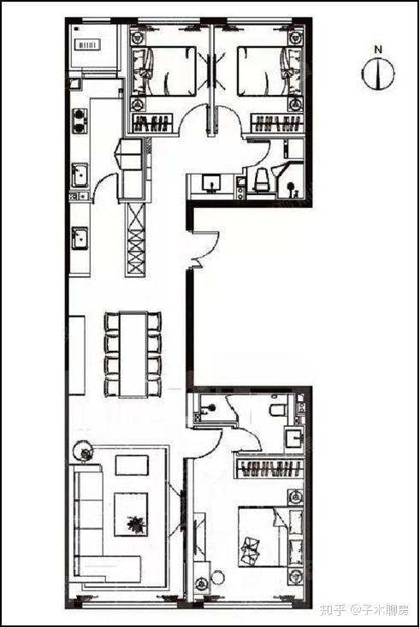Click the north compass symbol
[378, 74]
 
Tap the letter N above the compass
[378, 50]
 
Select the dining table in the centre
[133, 354]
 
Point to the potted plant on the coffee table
[135, 524]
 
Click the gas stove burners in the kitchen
[80, 121]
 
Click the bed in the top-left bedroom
[164, 71]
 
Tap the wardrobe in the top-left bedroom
[153, 123]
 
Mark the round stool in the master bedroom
[217, 578]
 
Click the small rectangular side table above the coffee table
[132, 465]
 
